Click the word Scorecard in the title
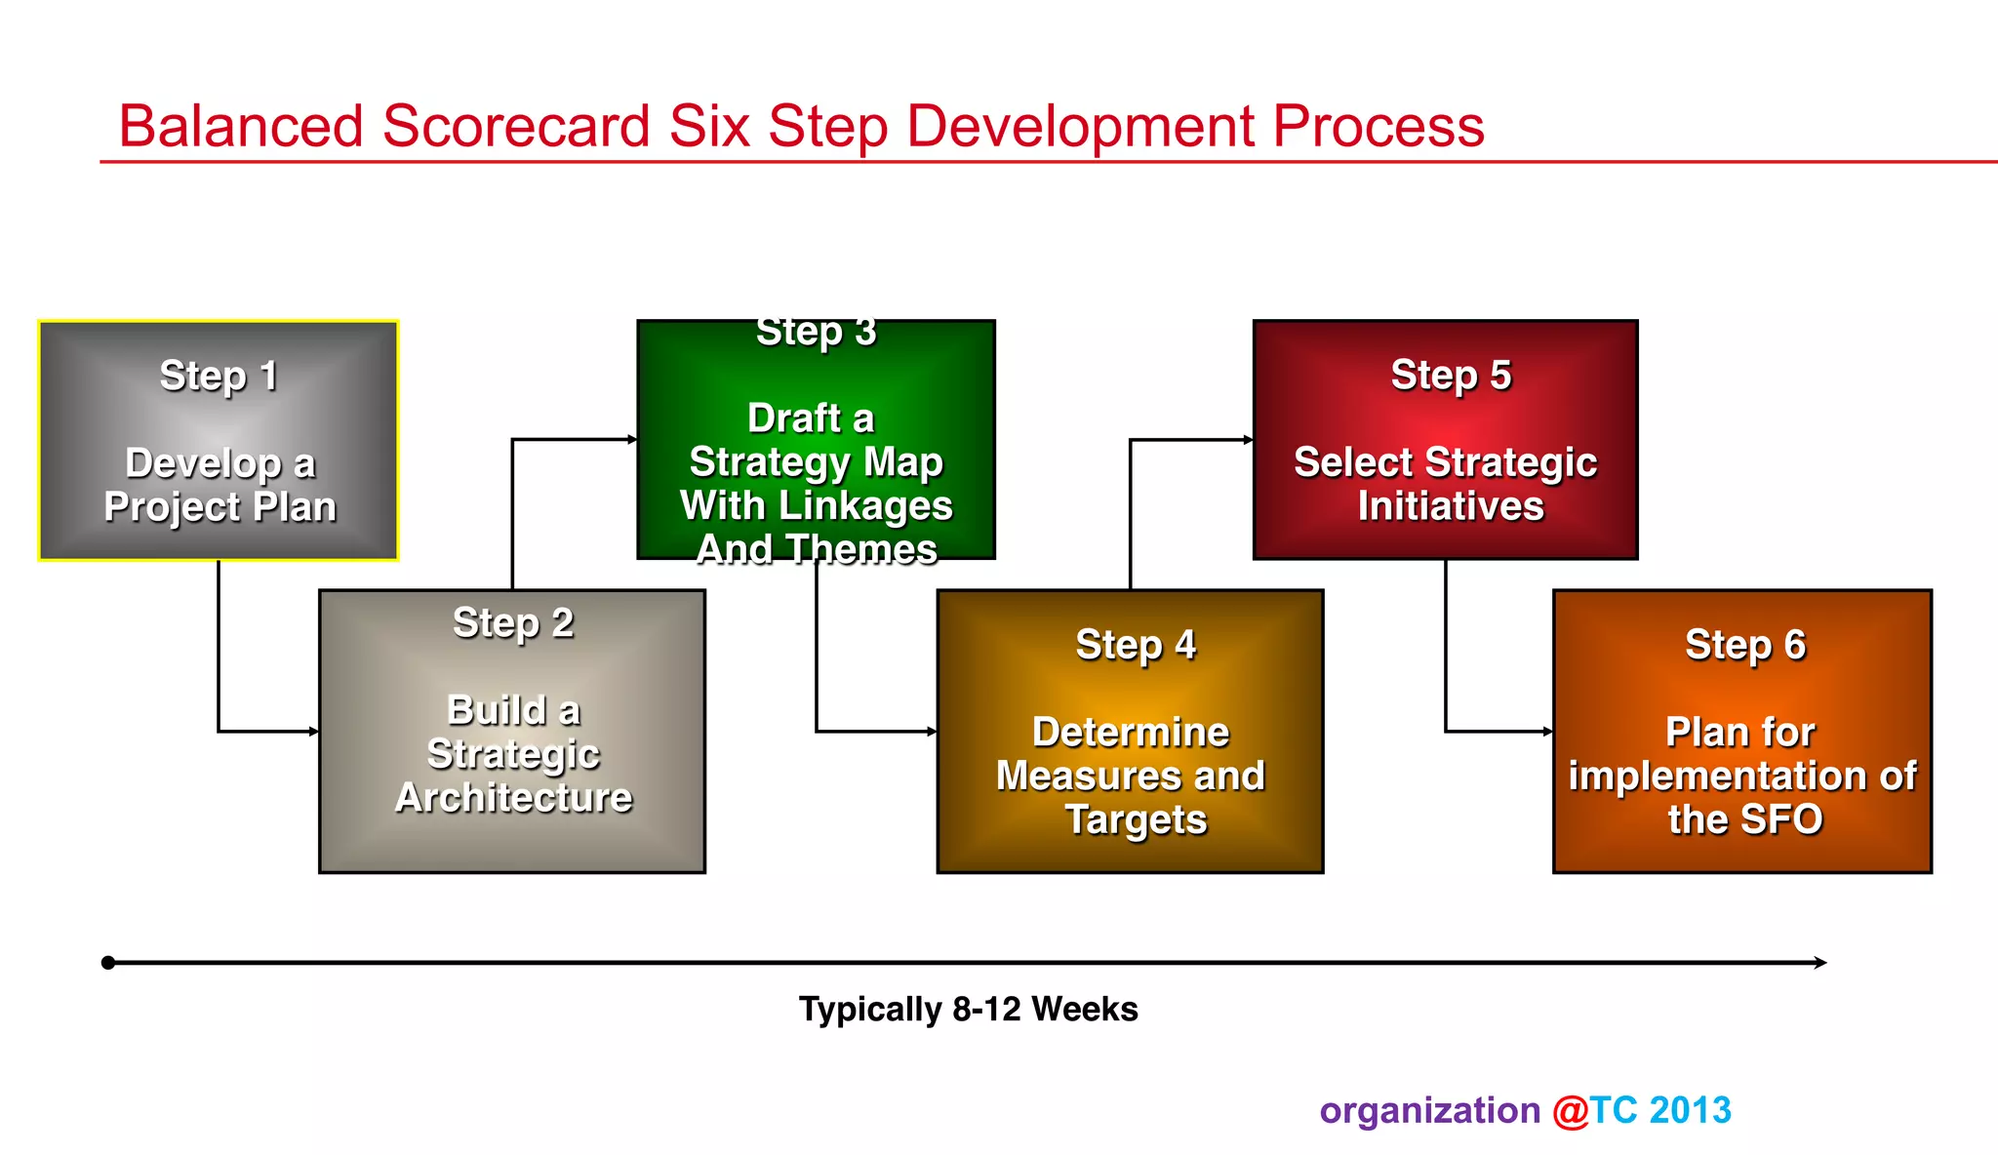point(516,127)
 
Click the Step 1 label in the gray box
point(219,376)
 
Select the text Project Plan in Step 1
point(220,507)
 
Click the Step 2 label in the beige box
point(513,623)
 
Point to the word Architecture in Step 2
point(514,798)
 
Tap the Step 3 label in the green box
point(817,333)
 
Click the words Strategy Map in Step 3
point(817,462)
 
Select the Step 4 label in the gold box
point(1136,645)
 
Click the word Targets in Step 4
point(1136,820)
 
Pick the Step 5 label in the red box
point(1451,376)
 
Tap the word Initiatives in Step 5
point(1451,506)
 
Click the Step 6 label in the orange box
point(1745,645)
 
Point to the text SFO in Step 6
point(1780,819)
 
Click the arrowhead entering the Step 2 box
point(314,731)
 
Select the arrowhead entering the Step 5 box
point(1248,440)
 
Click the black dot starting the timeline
point(108,963)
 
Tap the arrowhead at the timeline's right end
point(1820,963)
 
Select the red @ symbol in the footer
point(1570,1111)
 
